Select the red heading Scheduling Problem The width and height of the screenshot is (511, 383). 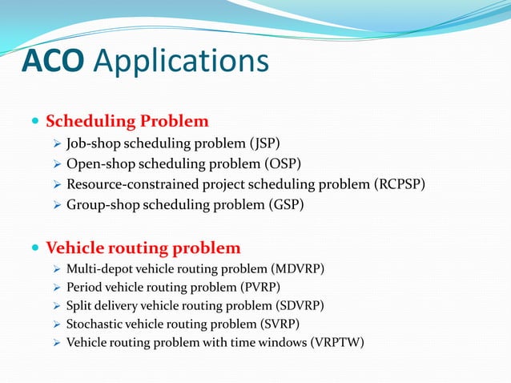(127, 122)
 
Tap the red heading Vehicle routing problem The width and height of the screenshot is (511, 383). (143, 247)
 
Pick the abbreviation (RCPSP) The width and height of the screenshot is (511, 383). (399, 184)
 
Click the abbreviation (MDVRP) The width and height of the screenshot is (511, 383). (300, 268)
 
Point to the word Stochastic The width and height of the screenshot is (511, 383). (92, 325)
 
